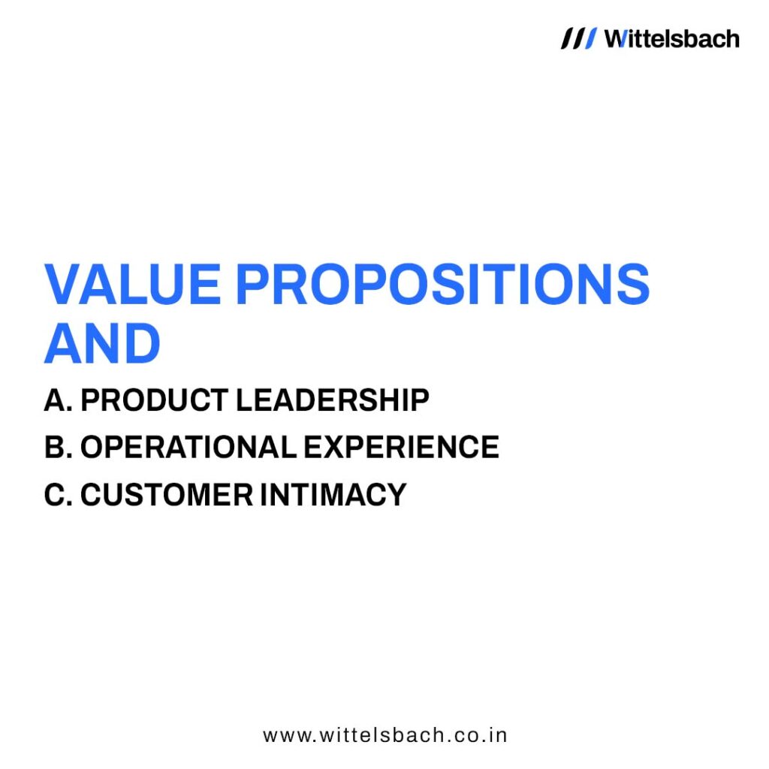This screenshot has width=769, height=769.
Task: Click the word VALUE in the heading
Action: coord(133,284)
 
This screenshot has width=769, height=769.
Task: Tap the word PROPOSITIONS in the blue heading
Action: coord(443,284)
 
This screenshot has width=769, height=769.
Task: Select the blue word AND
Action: coord(102,343)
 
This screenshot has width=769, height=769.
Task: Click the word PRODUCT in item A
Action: coord(154,400)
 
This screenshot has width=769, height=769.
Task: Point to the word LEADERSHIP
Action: coord(333,400)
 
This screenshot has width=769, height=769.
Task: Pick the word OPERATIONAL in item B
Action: coord(188,447)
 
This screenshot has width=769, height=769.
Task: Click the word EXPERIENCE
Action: coord(401,447)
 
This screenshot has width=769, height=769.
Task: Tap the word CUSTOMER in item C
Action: coord(167,494)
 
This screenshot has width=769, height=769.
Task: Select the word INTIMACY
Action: coord(333,494)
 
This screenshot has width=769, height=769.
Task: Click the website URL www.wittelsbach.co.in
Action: coord(385,736)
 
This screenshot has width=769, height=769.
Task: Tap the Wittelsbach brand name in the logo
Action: coord(672,39)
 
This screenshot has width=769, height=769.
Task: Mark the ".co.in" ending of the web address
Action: coord(476,736)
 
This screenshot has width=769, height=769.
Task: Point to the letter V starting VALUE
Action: coord(64,284)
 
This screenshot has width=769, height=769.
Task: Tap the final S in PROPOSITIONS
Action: coord(633,284)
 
